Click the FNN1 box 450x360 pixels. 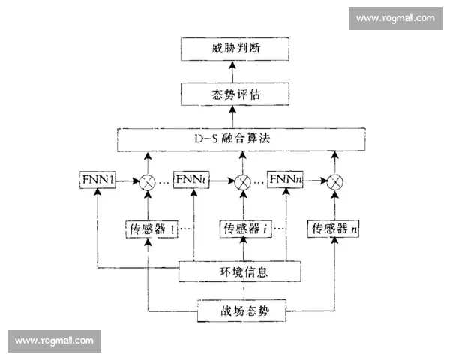[x=97, y=181]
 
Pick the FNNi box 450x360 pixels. [x=193, y=181]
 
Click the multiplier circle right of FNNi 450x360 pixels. [x=242, y=181]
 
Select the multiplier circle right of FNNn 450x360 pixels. [x=335, y=181]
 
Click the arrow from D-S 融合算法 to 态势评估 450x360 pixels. [x=232, y=117]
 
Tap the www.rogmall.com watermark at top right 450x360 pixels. [x=394, y=18]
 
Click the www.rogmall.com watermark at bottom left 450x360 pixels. [x=54, y=341]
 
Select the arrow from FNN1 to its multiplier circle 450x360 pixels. [x=126, y=181]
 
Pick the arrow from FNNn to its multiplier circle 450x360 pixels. [x=316, y=181]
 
